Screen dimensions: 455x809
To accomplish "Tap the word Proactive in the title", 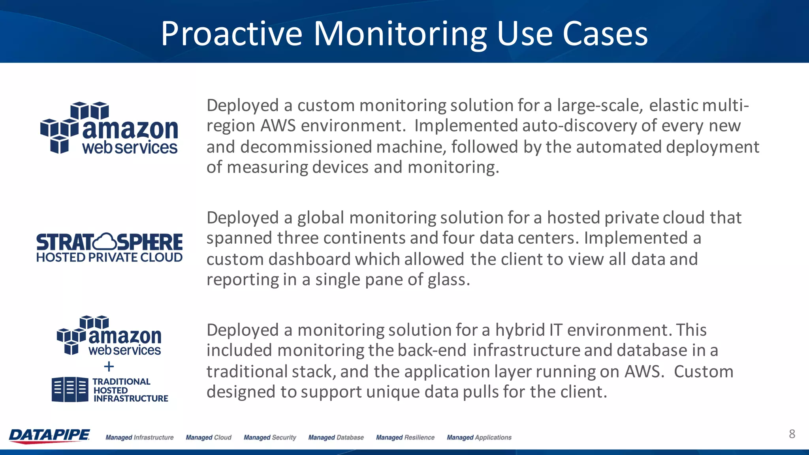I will [x=231, y=34].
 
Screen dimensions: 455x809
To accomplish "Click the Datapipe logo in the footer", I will [x=49, y=435].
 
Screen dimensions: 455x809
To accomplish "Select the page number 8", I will [x=792, y=434].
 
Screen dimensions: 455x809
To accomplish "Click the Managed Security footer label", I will [x=270, y=438].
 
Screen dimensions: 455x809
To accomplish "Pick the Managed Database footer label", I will [x=336, y=438].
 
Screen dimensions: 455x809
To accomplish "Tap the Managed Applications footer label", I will [x=479, y=438].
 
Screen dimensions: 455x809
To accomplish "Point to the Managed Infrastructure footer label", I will [x=139, y=438].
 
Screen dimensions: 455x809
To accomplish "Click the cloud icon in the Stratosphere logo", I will [x=105, y=241].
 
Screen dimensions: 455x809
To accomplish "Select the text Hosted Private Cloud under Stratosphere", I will [x=109, y=258].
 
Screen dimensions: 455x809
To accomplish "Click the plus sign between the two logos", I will [x=109, y=367].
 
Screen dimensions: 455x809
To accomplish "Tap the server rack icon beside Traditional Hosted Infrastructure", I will [x=70, y=389].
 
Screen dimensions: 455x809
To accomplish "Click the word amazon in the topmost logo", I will [x=130, y=130].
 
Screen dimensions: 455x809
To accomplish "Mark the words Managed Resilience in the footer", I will [x=405, y=438].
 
